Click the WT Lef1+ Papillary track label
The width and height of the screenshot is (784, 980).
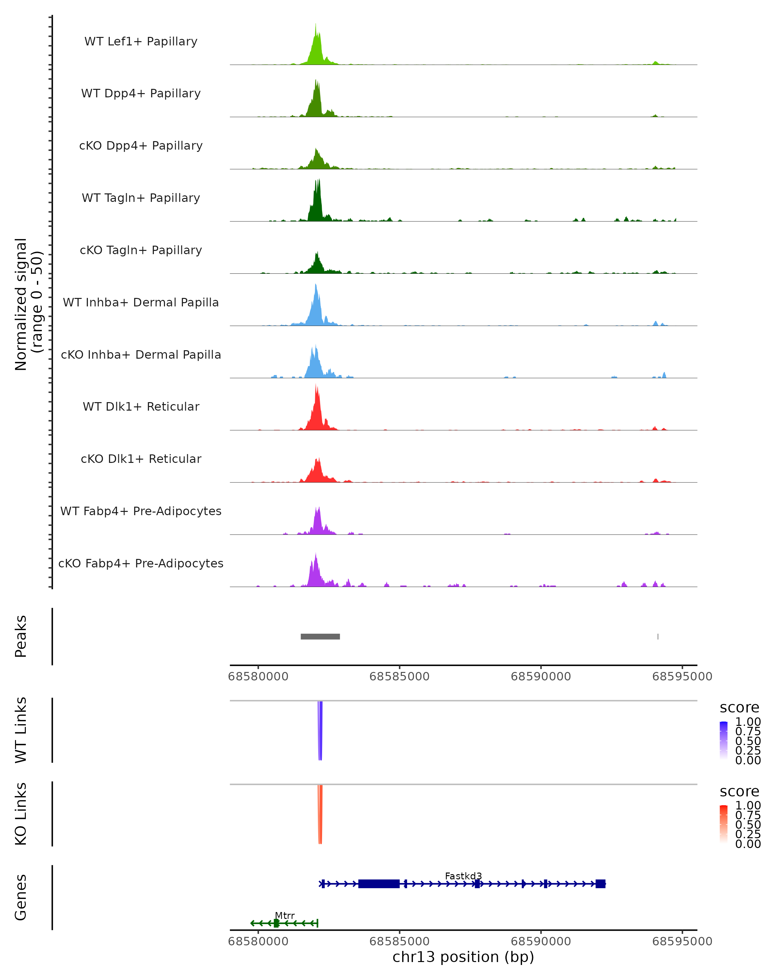coord(141,41)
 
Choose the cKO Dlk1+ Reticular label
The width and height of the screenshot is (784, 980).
coord(141,459)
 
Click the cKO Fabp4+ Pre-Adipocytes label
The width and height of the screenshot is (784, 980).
coord(141,563)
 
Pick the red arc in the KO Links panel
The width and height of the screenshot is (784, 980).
coord(320,814)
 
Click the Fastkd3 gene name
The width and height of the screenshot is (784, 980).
coord(463,876)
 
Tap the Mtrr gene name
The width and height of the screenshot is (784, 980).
coord(285,915)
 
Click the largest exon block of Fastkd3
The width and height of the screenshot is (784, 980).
coord(379,884)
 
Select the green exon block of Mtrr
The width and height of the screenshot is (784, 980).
coord(276,923)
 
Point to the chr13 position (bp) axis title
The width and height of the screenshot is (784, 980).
coord(463,957)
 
